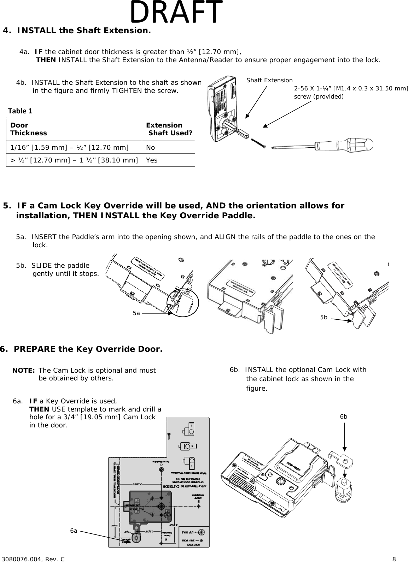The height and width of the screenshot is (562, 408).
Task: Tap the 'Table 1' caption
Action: point(20,111)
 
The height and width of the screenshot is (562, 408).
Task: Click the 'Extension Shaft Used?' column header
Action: point(169,129)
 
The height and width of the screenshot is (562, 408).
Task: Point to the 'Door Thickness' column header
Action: point(28,129)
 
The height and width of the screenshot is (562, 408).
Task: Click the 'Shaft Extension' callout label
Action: point(269,81)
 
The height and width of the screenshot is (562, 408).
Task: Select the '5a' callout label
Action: point(136,313)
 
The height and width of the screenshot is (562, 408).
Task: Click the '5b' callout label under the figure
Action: point(324,318)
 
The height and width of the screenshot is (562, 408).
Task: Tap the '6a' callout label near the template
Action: point(74,531)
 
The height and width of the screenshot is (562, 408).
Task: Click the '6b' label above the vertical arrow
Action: point(344,416)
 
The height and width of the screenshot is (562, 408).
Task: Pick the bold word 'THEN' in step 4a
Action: point(46,60)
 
